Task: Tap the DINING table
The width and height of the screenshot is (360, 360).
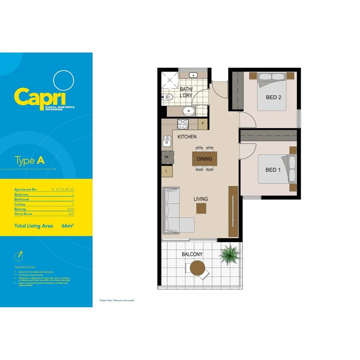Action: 204,159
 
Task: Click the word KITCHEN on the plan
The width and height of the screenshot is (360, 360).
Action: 187,137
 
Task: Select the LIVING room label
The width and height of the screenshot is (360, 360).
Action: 201,199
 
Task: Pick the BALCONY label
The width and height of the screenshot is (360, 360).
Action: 192,254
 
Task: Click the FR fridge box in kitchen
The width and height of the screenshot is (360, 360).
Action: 166,158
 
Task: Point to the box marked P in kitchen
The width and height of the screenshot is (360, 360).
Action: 203,124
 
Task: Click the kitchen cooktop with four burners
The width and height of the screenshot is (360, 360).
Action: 182,124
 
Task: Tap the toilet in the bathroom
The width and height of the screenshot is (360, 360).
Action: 168,96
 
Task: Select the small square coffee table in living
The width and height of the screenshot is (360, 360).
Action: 201,208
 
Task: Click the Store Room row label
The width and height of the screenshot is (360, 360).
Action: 23,214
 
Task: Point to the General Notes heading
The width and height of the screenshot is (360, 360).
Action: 25,266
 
